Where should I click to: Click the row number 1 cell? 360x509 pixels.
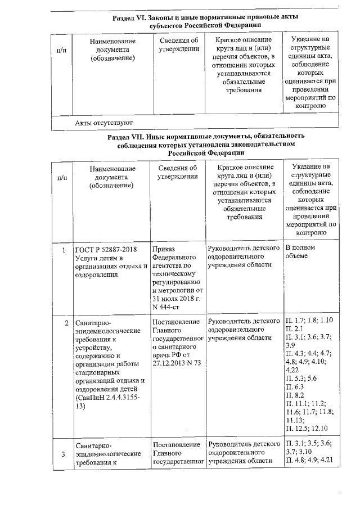pyautogui.click(x=65, y=250)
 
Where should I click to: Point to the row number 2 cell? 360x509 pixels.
pyautogui.click(x=66, y=323)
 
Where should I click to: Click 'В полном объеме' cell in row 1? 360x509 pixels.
pyautogui.click(x=304, y=253)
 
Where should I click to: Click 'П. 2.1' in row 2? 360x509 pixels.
pyautogui.click(x=296, y=328)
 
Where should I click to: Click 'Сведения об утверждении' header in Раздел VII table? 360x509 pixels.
pyautogui.click(x=178, y=172)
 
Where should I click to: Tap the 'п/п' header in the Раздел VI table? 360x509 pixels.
pyautogui.click(x=61, y=49)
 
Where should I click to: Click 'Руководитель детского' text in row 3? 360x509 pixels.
pyautogui.click(x=244, y=445)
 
